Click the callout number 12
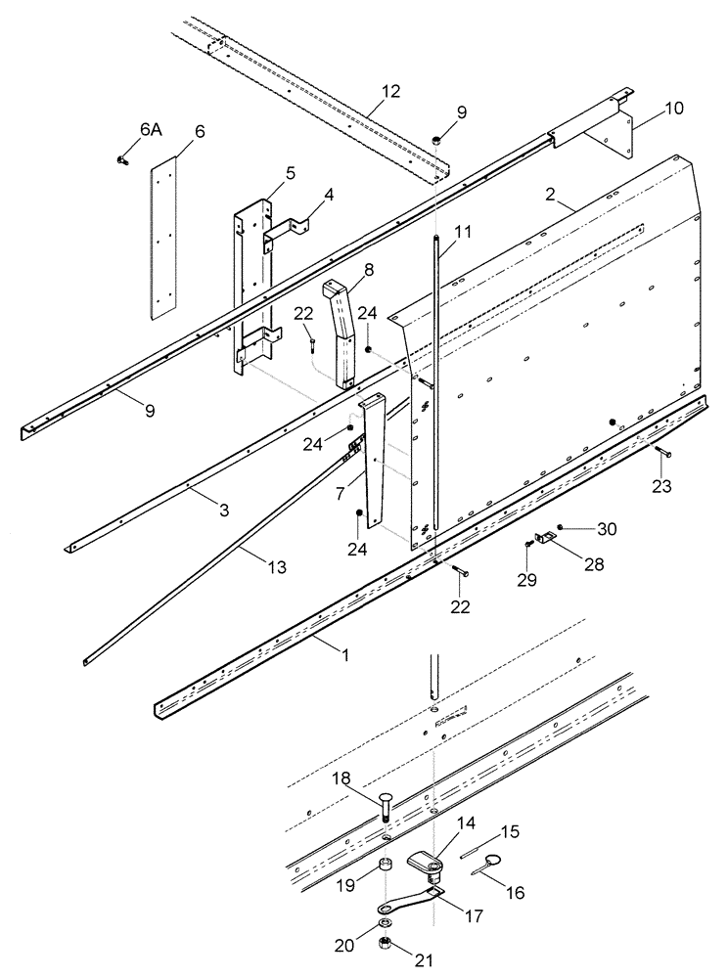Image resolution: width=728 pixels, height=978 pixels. [x=390, y=92]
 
